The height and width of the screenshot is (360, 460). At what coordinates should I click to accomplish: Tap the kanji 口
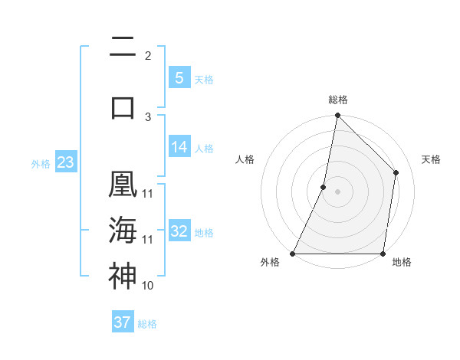click(123, 106)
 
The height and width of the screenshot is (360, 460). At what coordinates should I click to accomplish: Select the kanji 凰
click(123, 186)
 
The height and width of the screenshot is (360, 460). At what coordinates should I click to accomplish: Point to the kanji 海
click(123, 230)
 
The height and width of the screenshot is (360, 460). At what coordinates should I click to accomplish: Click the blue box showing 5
click(179, 77)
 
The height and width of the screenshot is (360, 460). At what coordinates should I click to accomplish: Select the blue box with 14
click(179, 147)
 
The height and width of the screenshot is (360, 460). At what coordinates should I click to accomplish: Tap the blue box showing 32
click(179, 231)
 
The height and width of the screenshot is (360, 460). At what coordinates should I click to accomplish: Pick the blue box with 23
click(65, 162)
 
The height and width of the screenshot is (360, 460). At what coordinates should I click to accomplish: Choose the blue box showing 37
click(123, 322)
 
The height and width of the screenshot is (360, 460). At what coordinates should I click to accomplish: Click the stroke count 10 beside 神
click(148, 285)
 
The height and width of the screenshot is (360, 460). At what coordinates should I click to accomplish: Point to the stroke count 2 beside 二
click(147, 56)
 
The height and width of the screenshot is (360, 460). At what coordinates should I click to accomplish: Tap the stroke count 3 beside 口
click(147, 116)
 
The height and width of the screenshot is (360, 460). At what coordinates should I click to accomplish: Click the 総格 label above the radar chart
click(338, 100)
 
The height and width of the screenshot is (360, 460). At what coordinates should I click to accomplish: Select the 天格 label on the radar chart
click(431, 159)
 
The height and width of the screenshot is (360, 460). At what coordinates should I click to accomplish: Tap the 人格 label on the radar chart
click(245, 159)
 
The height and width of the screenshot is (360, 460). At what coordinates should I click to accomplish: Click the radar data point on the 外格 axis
click(293, 254)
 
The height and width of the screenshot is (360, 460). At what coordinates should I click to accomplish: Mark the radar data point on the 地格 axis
click(383, 254)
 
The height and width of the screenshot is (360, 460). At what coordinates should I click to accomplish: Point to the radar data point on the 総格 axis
click(337, 115)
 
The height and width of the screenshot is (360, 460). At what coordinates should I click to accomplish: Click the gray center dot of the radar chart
click(337, 191)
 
